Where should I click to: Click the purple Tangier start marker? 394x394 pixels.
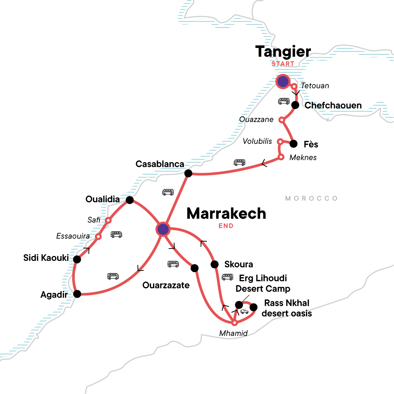point(283,81)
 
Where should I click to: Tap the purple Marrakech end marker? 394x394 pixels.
point(163,229)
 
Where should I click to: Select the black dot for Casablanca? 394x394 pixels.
point(188,173)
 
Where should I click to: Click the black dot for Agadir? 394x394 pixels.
point(77,294)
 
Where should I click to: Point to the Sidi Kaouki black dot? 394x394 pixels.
point(77,259)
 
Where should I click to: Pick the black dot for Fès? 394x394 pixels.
point(294,144)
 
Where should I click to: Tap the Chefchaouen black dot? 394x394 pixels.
point(295,105)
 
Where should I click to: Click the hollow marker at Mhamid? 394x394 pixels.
point(234,323)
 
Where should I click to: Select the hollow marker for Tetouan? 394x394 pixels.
point(295,86)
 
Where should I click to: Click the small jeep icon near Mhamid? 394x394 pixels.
point(244,312)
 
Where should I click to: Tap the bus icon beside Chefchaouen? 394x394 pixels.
point(284,101)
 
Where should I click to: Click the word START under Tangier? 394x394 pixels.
point(283,64)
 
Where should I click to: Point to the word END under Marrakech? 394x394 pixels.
point(226,226)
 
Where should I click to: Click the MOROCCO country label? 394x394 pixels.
point(311,198)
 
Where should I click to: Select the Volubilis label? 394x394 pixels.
point(257,142)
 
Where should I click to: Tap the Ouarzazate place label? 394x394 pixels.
point(166,285)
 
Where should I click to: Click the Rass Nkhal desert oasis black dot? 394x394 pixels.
point(253,307)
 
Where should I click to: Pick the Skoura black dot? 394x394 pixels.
point(214,264)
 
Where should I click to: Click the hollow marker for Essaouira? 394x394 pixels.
point(98,236)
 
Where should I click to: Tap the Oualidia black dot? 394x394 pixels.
point(130,200)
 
